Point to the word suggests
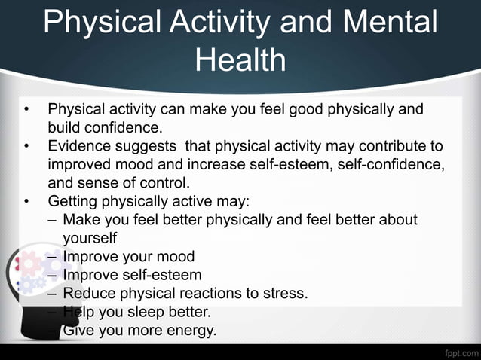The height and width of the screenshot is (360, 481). pyautogui.click(x=147, y=145)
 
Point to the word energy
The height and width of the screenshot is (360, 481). pyautogui.click(x=189, y=330)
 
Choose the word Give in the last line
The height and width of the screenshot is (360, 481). pyautogui.click(x=78, y=330)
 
